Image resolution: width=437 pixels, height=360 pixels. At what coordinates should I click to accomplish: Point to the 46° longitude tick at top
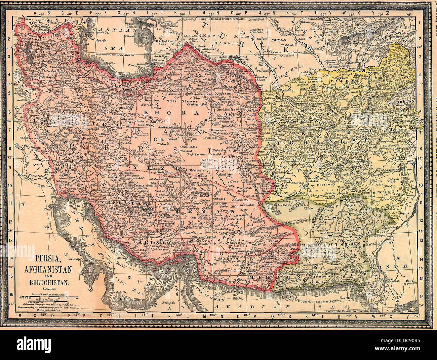pos(41,14)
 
